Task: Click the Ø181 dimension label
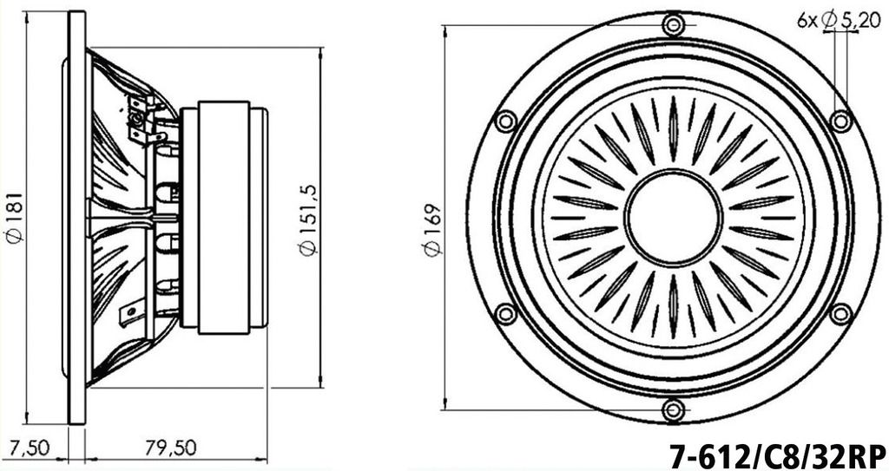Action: (x=16, y=216)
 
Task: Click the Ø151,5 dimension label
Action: (x=309, y=220)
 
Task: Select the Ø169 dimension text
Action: (x=433, y=230)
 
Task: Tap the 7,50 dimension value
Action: (x=30, y=448)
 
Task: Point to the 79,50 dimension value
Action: (x=171, y=448)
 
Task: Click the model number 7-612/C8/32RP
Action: (x=778, y=455)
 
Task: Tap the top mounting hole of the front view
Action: (x=673, y=24)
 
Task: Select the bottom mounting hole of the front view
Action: (x=673, y=409)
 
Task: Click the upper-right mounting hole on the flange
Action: (x=840, y=121)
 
